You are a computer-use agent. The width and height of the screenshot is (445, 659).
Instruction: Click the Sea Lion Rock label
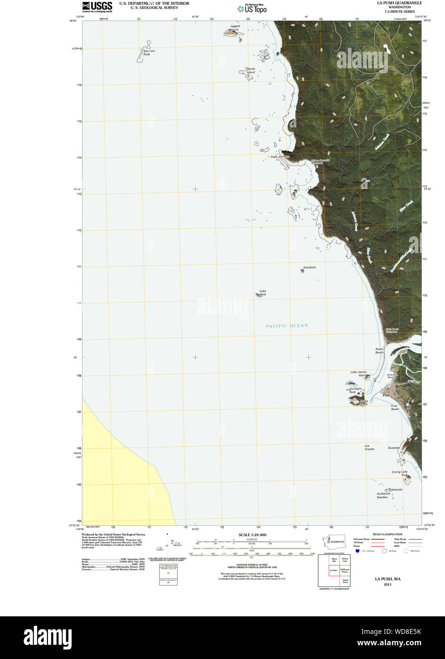coord(149,53)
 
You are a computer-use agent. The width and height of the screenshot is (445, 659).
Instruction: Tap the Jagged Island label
coord(235,28)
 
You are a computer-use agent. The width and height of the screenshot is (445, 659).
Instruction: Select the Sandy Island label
coord(250,70)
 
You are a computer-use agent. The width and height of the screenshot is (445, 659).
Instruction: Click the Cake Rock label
coord(262,293)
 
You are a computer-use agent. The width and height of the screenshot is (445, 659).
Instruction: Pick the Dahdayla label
coord(309,267)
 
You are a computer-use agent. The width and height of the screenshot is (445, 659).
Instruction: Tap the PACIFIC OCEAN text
coord(287,326)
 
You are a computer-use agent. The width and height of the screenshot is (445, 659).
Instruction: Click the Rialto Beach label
coord(379,351)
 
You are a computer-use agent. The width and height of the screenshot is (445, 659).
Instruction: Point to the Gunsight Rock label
coord(355,390)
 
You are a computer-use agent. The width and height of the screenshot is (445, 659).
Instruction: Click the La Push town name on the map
coord(387,393)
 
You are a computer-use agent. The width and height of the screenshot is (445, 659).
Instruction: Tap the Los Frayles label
coord(369,448)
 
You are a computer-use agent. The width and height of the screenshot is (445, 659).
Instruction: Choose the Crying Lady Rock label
coord(399,473)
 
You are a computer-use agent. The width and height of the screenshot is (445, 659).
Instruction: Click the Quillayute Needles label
coord(383,495)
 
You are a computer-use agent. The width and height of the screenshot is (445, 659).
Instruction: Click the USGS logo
coord(97,7)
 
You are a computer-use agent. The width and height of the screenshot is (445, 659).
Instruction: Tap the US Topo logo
coord(252,9)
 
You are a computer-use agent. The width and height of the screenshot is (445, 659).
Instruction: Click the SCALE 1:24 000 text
coord(252,535)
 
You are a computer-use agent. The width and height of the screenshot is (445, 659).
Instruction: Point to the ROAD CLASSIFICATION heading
coord(387,534)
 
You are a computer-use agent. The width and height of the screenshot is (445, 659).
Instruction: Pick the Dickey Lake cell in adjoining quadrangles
coord(345,561)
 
